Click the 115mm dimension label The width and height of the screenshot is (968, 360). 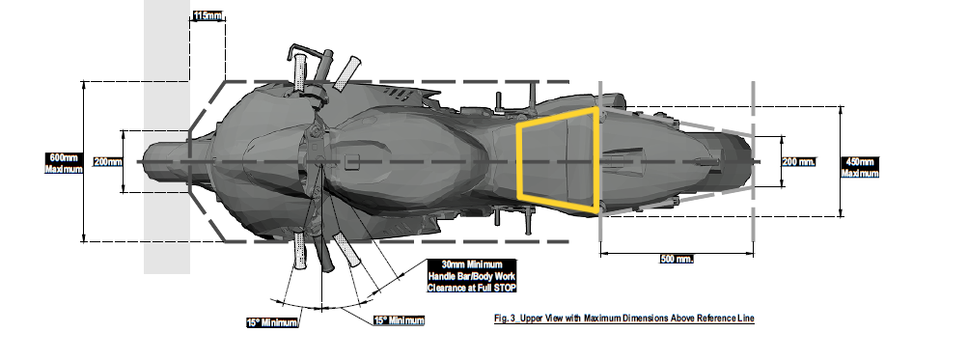206,15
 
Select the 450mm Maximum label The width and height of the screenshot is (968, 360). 860,167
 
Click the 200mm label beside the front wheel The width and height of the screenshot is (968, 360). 108,161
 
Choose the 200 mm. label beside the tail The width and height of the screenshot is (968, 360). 798,161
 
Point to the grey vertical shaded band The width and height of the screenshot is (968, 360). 166,222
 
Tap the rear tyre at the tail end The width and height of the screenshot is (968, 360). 737,160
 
